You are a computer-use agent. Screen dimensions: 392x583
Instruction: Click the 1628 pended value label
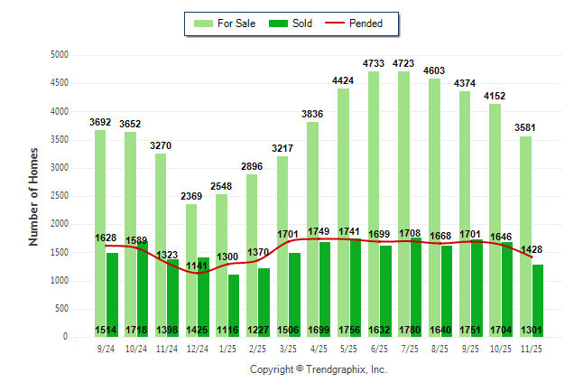106,238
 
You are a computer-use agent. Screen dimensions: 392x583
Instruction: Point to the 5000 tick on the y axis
58,55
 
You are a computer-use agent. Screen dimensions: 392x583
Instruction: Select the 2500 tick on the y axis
58,196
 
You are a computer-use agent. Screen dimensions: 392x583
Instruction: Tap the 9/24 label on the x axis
106,349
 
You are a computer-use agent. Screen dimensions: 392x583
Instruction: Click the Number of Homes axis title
33,196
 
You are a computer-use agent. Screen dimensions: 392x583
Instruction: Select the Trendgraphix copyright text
318,370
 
